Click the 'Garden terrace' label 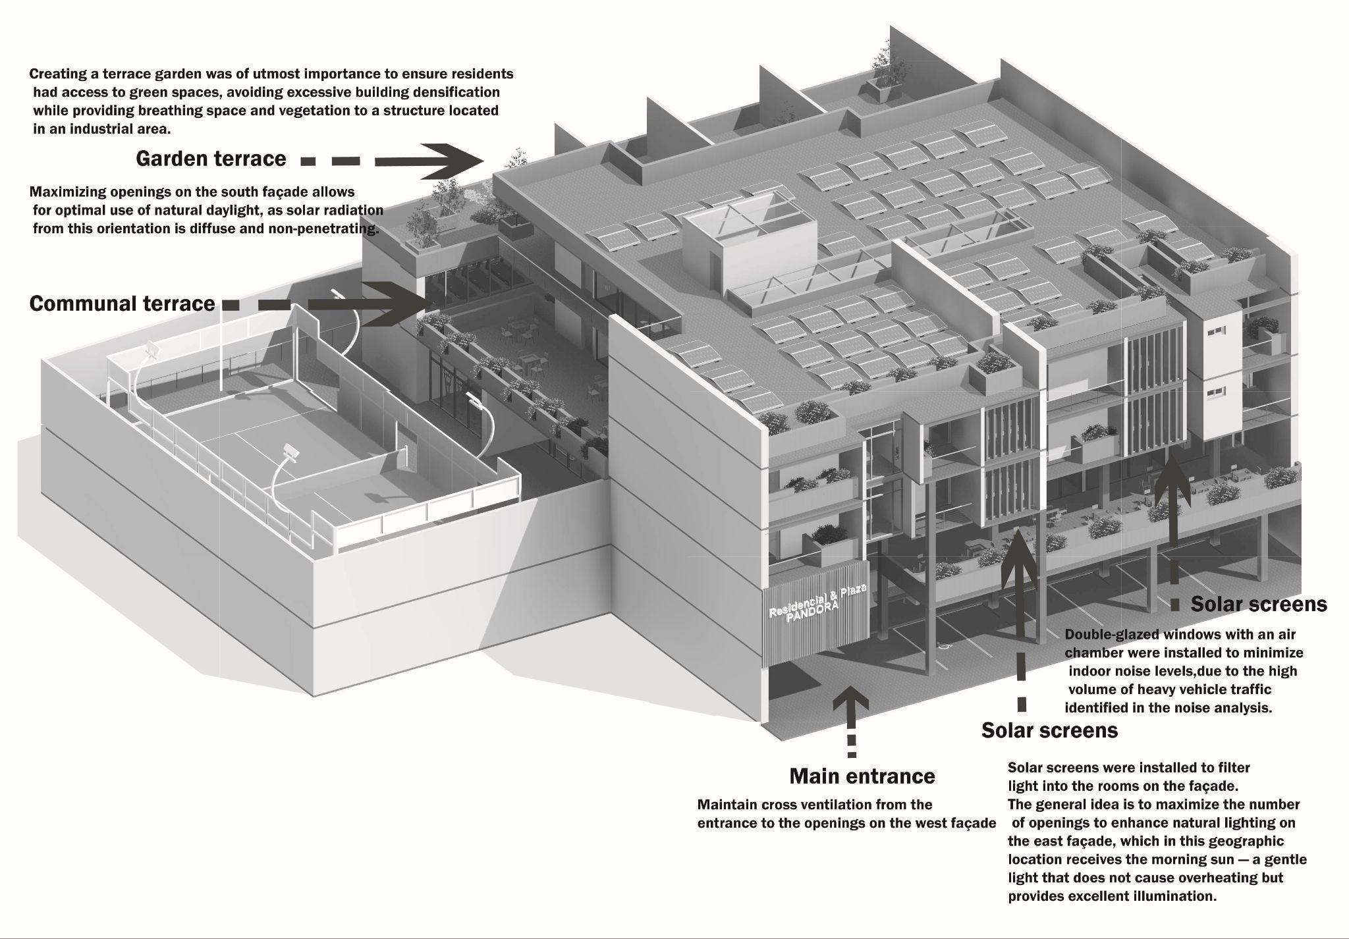pyautogui.click(x=211, y=159)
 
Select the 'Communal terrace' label pyautogui.click(x=123, y=304)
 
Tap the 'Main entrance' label pyautogui.click(x=862, y=776)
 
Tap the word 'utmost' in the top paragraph pyautogui.click(x=277, y=74)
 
